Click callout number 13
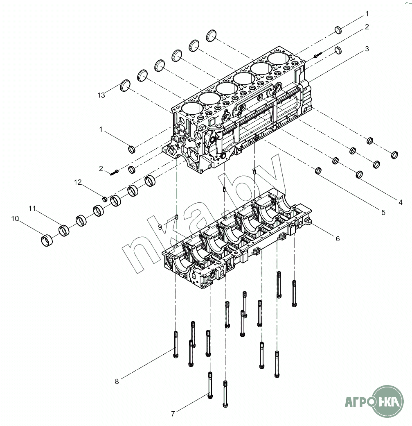pyautogui.click(x=101, y=95)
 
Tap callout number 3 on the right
pyautogui.click(x=367, y=49)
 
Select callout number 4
pyautogui.click(x=400, y=202)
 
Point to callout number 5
pyautogui.click(x=383, y=212)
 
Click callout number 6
pyautogui.click(x=338, y=238)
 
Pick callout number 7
pyautogui.click(x=173, y=414)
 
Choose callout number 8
pyautogui.click(x=117, y=381)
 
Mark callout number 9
pyautogui.click(x=160, y=227)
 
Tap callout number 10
pyautogui.click(x=15, y=218)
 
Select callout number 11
pyautogui.click(x=32, y=208)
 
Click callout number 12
pyautogui.click(x=78, y=182)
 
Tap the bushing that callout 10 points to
pyautogui.click(x=47, y=240)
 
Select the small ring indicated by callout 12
pyautogui.click(x=105, y=199)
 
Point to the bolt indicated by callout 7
pyautogui.click(x=210, y=385)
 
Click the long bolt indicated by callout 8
pyautogui.click(x=176, y=344)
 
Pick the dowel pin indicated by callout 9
pyautogui.click(x=177, y=217)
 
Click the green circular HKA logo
pyautogui.click(x=387, y=401)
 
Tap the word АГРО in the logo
pyautogui.click(x=358, y=401)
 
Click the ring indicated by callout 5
pyautogui.click(x=318, y=171)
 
